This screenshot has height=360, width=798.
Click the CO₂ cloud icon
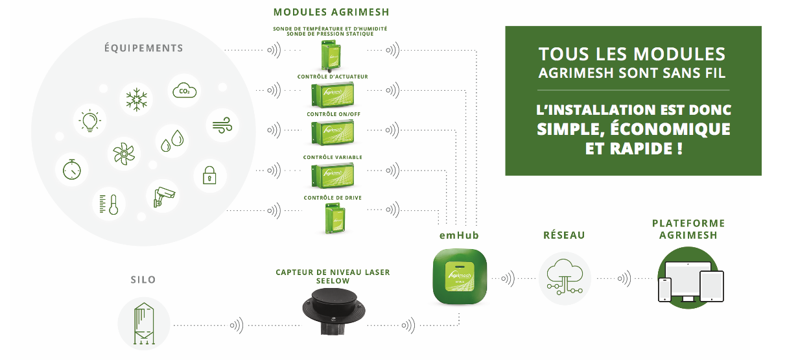(x=184, y=91)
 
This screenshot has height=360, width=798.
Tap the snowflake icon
(x=136, y=99)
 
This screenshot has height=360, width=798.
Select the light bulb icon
(x=89, y=121)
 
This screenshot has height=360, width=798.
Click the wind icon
(x=222, y=125)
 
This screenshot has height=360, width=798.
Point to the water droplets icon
(x=172, y=141)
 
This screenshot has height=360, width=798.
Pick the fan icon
(x=124, y=154)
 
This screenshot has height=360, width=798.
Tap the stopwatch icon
(x=71, y=169)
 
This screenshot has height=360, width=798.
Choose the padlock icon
(x=209, y=175)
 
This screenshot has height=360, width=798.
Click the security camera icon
(x=164, y=197)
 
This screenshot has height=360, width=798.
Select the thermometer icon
(x=109, y=204)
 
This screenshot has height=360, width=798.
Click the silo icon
(x=144, y=324)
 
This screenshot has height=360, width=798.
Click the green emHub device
(x=460, y=276)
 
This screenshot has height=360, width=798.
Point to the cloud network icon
(x=565, y=277)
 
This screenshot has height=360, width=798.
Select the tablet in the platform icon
(x=711, y=286)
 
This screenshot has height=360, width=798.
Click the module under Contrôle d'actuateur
(x=333, y=95)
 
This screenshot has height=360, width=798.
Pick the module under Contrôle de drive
(x=334, y=218)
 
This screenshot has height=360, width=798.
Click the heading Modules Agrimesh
(x=331, y=12)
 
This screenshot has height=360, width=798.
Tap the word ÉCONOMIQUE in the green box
(x=670, y=129)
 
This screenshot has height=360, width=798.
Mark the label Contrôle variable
(x=333, y=157)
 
